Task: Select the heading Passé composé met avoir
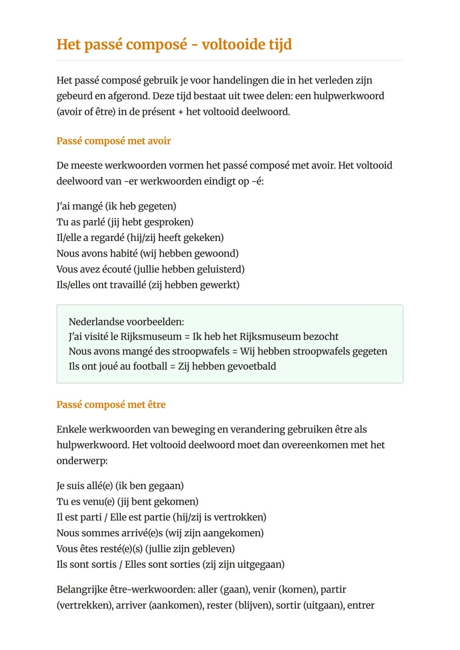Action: point(113,141)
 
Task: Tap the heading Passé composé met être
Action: point(111,404)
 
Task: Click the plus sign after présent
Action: point(181,112)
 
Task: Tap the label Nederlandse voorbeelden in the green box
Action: point(126,322)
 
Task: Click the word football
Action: point(150,366)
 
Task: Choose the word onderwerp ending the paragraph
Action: point(82,461)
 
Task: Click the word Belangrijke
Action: point(82,590)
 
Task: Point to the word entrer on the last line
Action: point(361,605)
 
